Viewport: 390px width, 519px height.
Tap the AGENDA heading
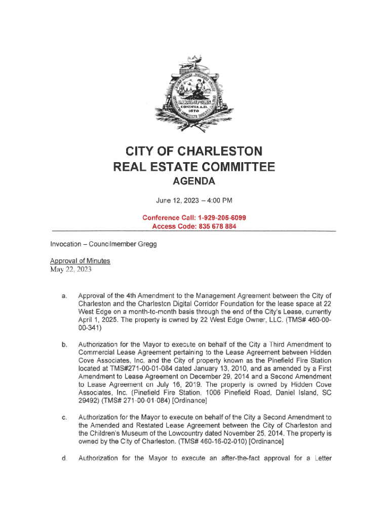point(195,181)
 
